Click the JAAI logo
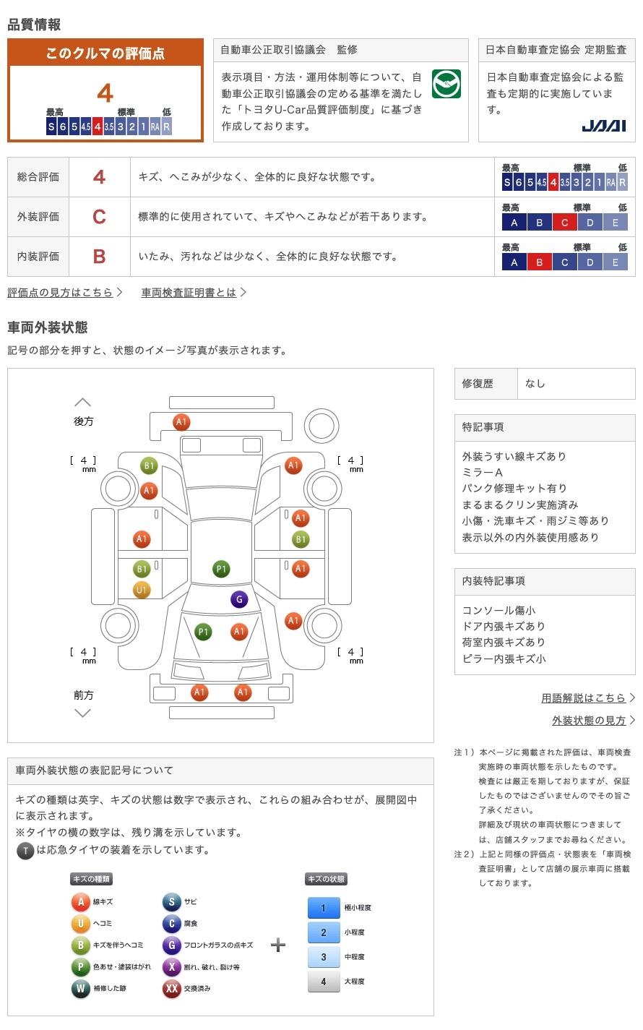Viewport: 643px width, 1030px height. (x=603, y=126)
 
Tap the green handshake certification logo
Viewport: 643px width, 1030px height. (x=446, y=84)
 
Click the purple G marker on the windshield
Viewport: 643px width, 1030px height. (x=239, y=599)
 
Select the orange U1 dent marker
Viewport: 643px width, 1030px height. (x=141, y=590)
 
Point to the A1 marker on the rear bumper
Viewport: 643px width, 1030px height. (x=181, y=421)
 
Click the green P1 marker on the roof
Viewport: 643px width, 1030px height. (x=222, y=569)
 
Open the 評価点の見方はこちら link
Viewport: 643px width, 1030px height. (x=60, y=293)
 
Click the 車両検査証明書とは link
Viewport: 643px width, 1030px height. (x=189, y=293)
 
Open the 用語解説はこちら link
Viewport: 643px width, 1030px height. (x=583, y=698)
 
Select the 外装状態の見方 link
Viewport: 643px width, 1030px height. (x=589, y=721)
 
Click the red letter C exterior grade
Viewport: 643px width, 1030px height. (x=99, y=217)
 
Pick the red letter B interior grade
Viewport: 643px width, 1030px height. (x=99, y=257)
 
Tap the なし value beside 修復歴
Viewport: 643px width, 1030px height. (x=535, y=384)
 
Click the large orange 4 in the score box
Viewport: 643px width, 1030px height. (x=105, y=93)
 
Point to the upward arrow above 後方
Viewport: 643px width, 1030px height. (x=83, y=403)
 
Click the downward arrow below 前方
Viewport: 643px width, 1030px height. (x=83, y=713)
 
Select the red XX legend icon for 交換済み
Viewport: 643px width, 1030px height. (x=172, y=989)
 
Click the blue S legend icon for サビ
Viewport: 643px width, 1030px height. (x=171, y=902)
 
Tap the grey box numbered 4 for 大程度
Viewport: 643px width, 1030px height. (x=324, y=982)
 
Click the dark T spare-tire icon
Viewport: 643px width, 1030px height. (x=25, y=850)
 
